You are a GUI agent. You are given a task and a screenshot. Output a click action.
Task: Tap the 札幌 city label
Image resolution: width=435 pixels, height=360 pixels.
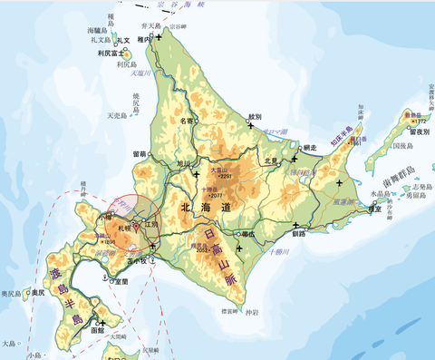pyautogui.click(x=124, y=229)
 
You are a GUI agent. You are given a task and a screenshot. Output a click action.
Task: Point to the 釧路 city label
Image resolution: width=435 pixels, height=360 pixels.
pyautogui.click(x=300, y=233)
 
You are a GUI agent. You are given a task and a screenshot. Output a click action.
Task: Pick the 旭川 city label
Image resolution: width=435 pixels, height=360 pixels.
pyautogui.click(x=184, y=164)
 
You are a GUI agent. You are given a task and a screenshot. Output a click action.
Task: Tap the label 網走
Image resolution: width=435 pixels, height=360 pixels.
pyautogui.click(x=312, y=146)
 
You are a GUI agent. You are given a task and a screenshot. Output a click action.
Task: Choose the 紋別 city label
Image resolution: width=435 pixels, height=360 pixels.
pyautogui.click(x=255, y=116)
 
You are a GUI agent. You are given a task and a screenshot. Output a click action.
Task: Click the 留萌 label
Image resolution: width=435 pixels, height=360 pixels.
pyautogui.click(x=140, y=154)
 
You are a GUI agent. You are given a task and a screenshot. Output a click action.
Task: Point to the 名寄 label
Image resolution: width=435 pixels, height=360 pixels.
pyautogui.click(x=187, y=121)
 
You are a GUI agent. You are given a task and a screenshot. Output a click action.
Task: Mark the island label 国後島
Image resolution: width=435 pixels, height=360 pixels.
pyautogui.click(x=401, y=145)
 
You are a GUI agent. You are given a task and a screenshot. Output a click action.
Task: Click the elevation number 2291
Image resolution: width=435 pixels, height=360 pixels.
pyautogui.click(x=226, y=176)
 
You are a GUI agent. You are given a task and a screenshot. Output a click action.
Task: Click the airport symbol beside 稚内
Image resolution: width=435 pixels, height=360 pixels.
pyautogui.click(x=159, y=36)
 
